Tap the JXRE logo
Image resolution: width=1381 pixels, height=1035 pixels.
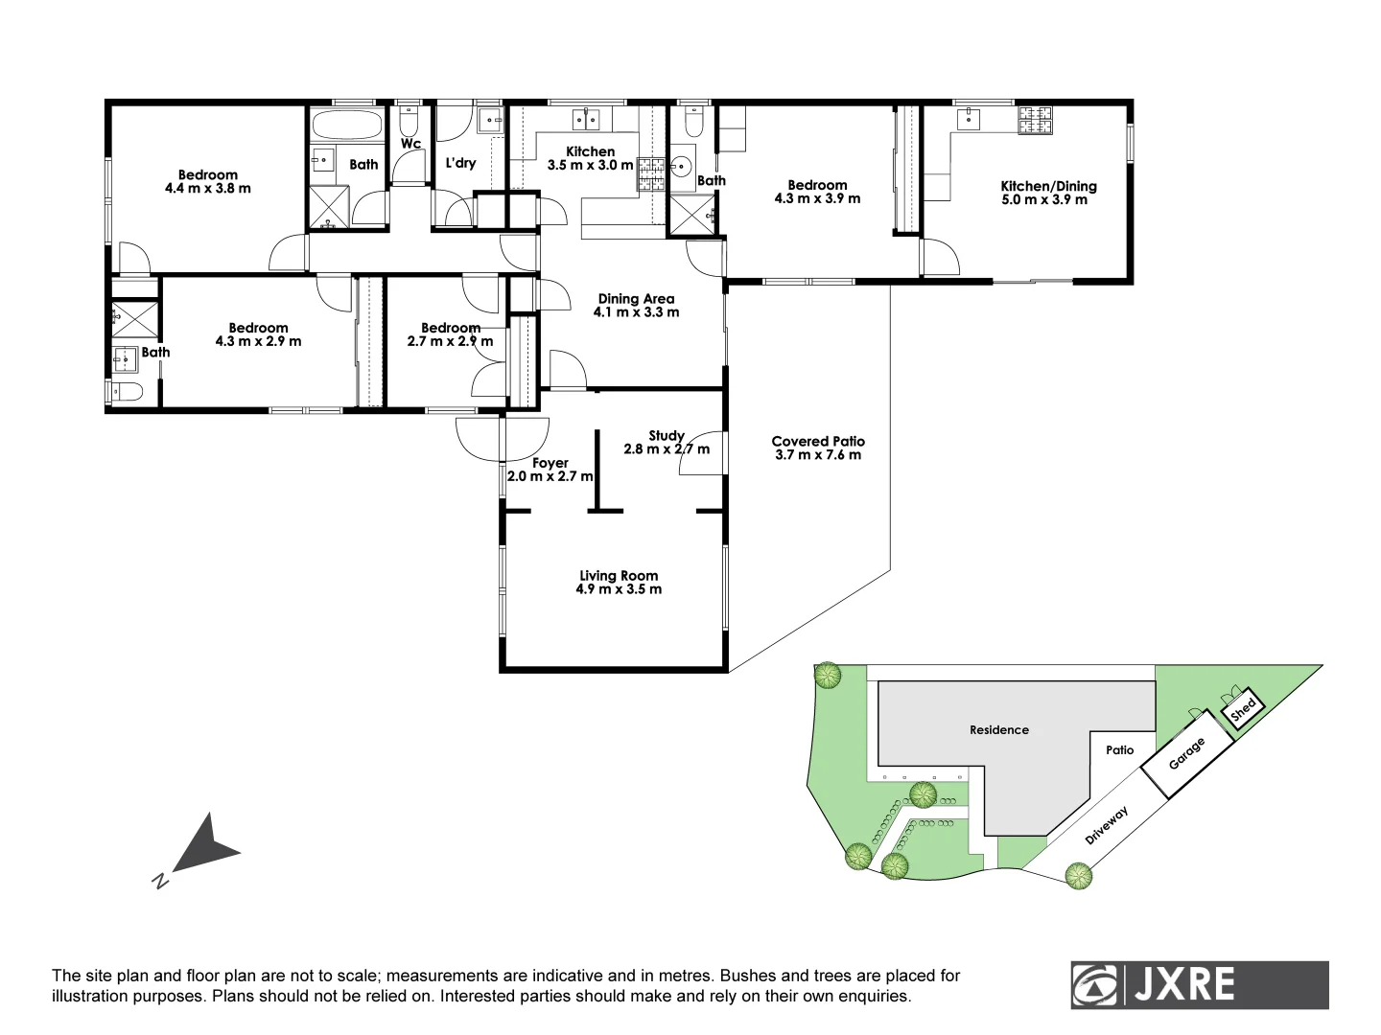(1199, 984)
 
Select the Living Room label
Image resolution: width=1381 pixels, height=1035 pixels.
(619, 576)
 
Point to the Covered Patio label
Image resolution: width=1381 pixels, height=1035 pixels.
(818, 442)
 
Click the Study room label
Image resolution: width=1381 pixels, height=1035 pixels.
(667, 436)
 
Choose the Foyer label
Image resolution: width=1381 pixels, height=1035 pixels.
(550, 463)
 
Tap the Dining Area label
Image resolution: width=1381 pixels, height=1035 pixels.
(636, 299)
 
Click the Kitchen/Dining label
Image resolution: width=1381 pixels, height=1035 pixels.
(1048, 186)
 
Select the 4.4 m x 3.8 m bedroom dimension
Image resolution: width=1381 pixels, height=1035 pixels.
(208, 189)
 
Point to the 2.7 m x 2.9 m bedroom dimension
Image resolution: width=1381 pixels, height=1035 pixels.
(450, 341)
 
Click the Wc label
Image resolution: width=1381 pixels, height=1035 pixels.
(411, 144)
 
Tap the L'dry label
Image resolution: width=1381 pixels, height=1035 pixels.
(460, 163)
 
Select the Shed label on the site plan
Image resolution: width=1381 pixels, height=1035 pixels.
(1243, 710)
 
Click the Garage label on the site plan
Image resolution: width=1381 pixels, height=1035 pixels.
(1186, 753)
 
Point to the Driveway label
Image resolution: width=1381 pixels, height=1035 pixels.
(1107, 825)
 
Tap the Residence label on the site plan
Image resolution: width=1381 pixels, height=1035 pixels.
(998, 730)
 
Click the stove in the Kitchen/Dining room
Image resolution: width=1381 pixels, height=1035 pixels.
(1035, 119)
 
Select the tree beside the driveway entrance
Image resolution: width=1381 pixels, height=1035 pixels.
(1078, 875)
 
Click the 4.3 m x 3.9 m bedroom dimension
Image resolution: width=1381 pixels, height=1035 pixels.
(817, 199)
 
